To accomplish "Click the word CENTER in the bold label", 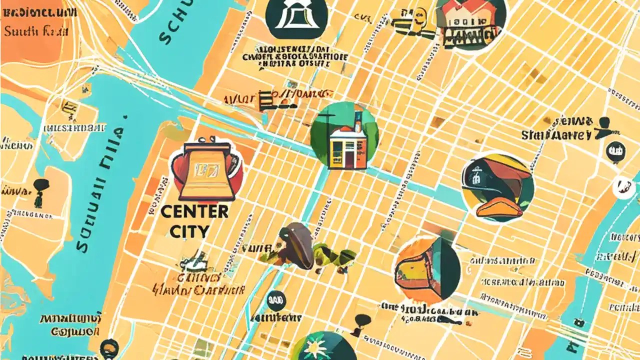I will [194, 211].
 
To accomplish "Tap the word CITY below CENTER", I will [189, 231].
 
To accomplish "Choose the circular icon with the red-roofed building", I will [469, 23].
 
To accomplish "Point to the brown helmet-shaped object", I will [297, 245].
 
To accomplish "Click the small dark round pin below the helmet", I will [273, 300].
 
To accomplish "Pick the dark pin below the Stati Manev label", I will [615, 150].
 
